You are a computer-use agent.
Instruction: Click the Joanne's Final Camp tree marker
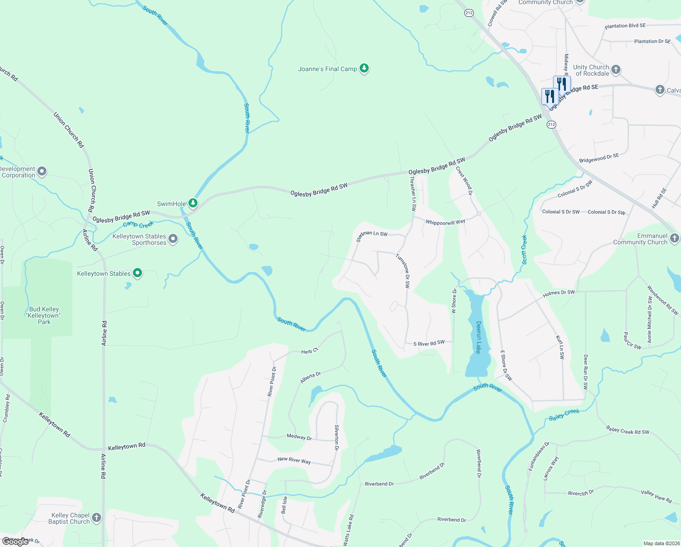tap(364, 69)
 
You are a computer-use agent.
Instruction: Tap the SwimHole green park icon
tap(193, 203)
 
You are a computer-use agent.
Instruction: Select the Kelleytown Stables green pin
tap(137, 273)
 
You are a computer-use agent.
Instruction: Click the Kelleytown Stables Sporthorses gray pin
tap(173, 239)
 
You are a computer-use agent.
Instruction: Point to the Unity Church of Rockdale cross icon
tap(615, 70)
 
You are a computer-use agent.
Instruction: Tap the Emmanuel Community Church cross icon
tap(674, 238)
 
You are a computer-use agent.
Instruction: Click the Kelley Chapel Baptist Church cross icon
tap(96, 518)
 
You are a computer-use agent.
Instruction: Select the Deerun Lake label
tap(478, 337)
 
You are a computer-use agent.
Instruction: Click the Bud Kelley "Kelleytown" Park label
tap(44, 315)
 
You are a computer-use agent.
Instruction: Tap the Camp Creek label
tap(138, 224)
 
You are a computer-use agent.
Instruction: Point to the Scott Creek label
tap(524, 249)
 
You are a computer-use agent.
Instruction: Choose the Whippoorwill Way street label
tap(445, 222)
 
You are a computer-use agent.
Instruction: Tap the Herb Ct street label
tap(310, 351)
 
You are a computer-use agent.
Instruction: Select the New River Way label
tap(294, 460)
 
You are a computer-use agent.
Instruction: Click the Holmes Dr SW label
tap(559, 293)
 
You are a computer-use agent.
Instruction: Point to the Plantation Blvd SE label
tap(625, 26)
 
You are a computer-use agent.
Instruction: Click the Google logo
tap(15, 542)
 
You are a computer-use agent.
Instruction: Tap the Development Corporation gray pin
tap(42, 172)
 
